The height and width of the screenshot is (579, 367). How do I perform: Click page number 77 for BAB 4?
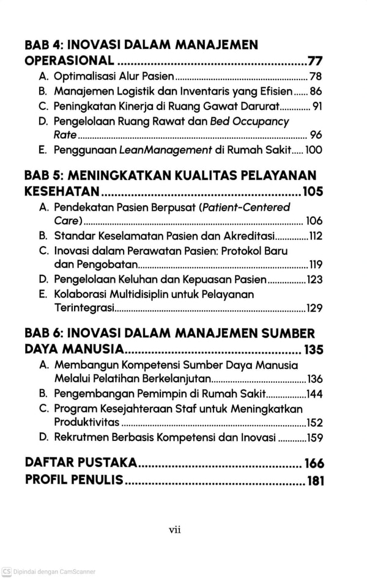[x=316, y=61]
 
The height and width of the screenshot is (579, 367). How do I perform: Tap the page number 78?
[x=316, y=77]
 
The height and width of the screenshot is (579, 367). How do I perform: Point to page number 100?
[x=314, y=150]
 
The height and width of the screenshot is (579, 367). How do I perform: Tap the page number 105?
[x=313, y=192]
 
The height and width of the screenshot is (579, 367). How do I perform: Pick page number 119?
[x=316, y=266]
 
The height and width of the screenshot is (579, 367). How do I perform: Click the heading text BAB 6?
[x=45, y=334]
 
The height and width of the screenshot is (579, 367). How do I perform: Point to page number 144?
[x=314, y=393]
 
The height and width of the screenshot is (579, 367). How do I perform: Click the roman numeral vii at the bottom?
[x=175, y=530]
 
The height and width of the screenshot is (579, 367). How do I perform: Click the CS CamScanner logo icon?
[x=6, y=572]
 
